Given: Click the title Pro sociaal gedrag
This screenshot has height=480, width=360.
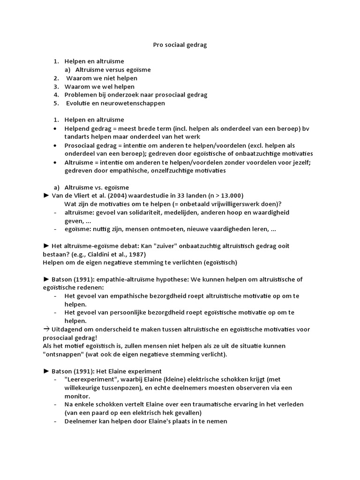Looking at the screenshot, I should tap(180, 45).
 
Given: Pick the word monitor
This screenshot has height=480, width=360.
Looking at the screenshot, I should tap(77, 396).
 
